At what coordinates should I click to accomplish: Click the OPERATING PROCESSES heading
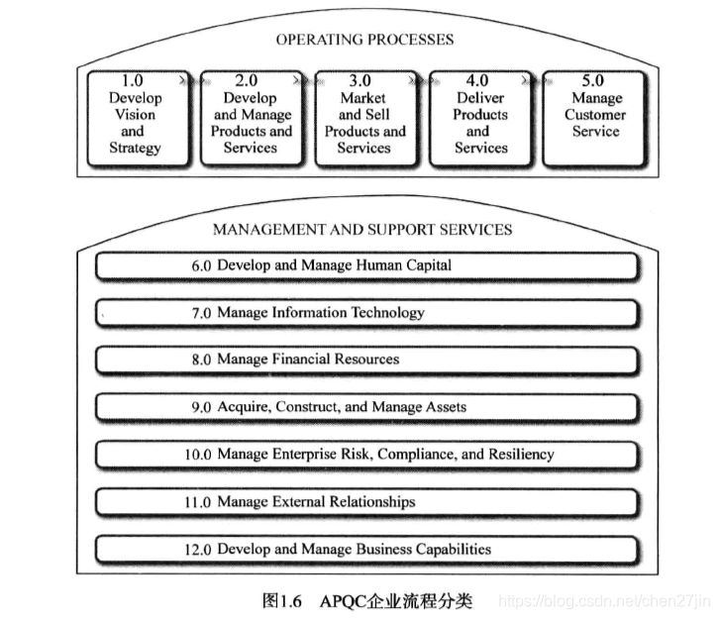364,40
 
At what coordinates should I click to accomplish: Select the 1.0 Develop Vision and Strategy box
135,117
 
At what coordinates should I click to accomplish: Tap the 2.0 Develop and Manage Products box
251,117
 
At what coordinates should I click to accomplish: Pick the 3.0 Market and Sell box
364,117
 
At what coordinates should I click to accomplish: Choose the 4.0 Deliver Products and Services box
480,117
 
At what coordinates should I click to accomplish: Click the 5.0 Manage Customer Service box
595,117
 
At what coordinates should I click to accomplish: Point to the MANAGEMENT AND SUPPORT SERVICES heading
362,230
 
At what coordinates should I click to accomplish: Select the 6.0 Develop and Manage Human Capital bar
364,266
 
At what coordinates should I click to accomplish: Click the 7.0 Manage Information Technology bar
364,313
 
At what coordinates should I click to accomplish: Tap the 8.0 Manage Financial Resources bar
364,360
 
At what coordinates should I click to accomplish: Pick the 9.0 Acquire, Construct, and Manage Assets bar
364,407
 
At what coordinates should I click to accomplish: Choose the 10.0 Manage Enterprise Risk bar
364,455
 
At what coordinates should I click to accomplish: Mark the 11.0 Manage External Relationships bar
364,502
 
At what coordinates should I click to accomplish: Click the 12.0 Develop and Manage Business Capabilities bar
364,550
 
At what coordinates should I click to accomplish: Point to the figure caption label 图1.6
282,600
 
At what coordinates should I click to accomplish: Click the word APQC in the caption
342,600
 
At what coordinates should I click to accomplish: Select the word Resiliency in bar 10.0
519,455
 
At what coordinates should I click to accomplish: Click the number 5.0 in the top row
596,81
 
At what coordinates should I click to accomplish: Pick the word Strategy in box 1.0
135,149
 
